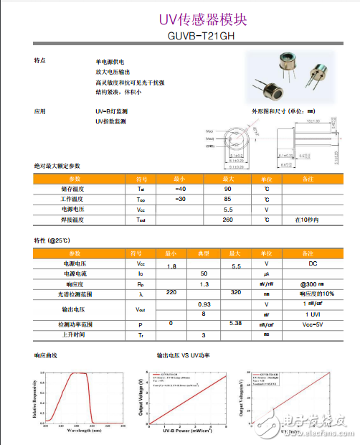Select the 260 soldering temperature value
coord(227,220)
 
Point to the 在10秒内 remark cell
coord(307,220)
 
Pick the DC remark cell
coord(307,264)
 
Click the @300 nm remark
coord(307,284)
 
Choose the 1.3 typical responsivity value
coord(203,284)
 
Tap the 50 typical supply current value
coord(204,274)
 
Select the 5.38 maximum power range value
coord(235,324)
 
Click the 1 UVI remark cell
coord(307,314)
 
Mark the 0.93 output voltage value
coord(204,304)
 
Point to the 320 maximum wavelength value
coord(235,294)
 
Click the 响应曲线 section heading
coord(47,355)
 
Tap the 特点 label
coord(40,60)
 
